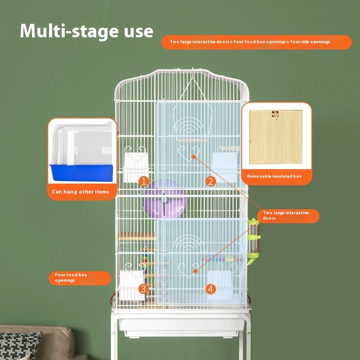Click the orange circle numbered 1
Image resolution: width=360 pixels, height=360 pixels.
point(144,181)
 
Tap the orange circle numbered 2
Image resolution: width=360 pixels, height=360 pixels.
point(211,181)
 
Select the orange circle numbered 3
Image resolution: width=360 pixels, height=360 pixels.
point(143,289)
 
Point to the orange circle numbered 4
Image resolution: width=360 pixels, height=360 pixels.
point(211,289)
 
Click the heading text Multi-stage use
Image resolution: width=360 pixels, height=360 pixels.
point(86,31)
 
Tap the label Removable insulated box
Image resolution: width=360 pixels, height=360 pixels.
point(274,176)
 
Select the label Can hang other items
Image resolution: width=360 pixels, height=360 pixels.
point(81,192)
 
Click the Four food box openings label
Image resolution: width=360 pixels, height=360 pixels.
point(71,277)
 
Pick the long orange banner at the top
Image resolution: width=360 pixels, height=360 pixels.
point(256,42)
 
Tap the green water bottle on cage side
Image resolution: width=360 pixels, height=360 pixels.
point(253,241)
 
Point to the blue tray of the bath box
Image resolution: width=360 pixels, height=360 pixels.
point(82,173)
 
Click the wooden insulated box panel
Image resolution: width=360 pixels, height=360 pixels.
point(275,137)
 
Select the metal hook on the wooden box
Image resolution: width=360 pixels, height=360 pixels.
point(275,115)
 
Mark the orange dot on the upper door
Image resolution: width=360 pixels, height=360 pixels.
point(194,157)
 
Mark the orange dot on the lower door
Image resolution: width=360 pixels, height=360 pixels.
point(195,271)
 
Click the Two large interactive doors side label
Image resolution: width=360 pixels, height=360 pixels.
point(286,216)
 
